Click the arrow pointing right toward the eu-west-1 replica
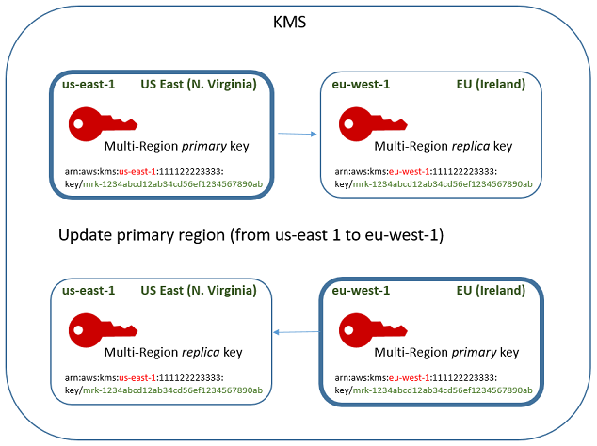pyautogui.click(x=297, y=134)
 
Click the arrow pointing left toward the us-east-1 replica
pyautogui.click(x=295, y=331)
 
